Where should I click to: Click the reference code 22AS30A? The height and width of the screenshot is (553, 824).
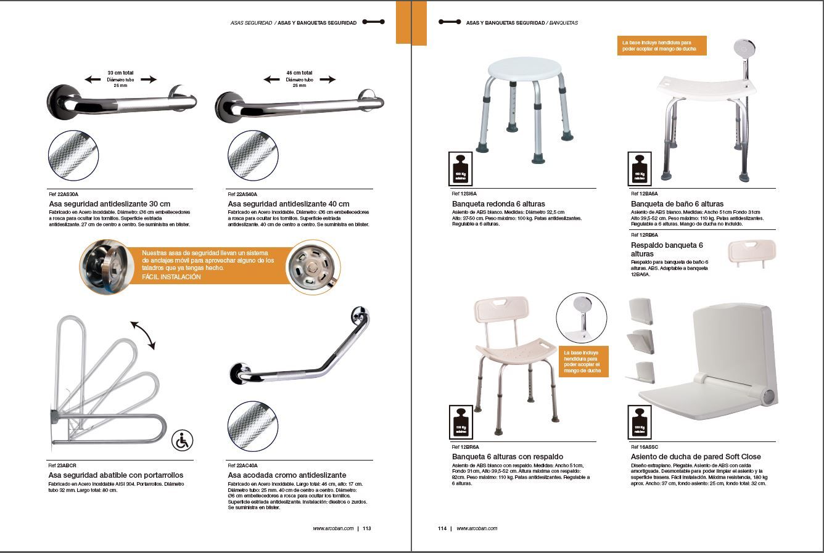click(64, 194)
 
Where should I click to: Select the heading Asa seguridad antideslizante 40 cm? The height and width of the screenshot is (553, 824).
click(288, 204)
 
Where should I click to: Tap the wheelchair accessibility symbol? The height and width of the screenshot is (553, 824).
click(182, 441)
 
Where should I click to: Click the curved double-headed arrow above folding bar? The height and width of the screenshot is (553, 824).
click(142, 335)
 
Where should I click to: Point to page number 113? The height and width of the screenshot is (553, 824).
click(366, 528)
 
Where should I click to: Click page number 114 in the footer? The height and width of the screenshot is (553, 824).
click(442, 528)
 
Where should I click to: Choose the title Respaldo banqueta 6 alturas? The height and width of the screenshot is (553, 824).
click(667, 249)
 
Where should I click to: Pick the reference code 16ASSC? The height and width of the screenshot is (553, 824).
click(645, 447)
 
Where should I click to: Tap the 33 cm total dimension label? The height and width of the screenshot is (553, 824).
click(120, 73)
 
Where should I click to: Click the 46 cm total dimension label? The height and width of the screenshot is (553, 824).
click(299, 73)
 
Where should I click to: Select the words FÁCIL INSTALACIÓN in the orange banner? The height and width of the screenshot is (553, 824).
click(171, 277)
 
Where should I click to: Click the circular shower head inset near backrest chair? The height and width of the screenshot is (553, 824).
click(581, 317)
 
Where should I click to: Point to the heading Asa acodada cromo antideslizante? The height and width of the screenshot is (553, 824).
click(287, 475)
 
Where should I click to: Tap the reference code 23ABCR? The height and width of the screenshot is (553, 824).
click(62, 465)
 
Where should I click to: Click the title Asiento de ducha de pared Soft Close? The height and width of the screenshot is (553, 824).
click(696, 457)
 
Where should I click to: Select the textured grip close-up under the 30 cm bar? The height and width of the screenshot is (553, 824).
click(73, 155)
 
